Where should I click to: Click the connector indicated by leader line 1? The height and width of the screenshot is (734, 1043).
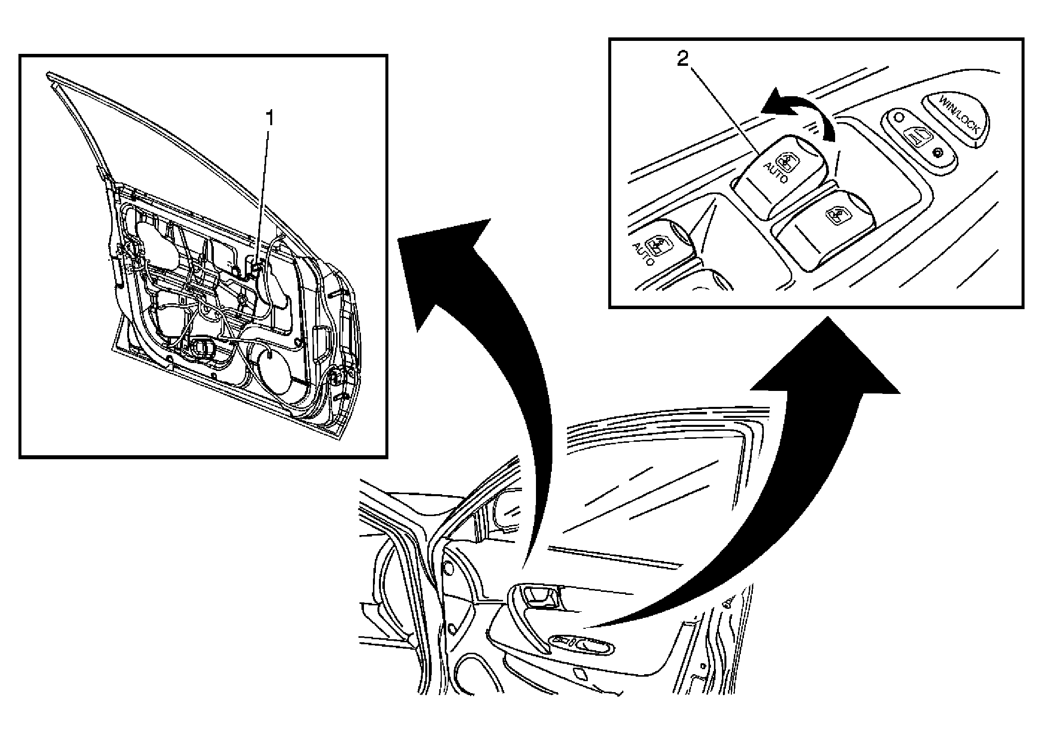click(255, 267)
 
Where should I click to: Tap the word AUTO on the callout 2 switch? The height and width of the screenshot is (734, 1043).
click(775, 172)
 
